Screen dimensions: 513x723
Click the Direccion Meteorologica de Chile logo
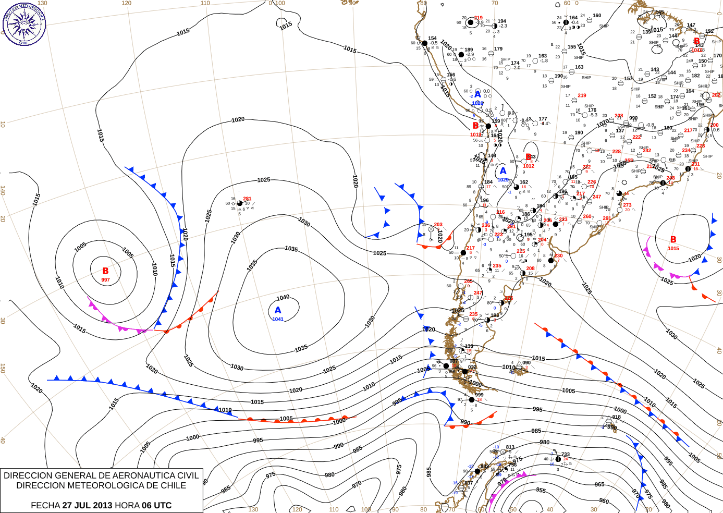click(x=24, y=23)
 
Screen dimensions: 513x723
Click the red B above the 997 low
click(x=105, y=271)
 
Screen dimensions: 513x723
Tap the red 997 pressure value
click(x=105, y=280)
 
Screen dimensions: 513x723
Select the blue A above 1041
click(x=278, y=310)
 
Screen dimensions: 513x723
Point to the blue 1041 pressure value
click(x=278, y=319)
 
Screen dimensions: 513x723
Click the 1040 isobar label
click(x=283, y=298)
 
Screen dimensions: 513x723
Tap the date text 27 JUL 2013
click(x=87, y=505)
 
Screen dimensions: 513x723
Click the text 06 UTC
click(x=155, y=505)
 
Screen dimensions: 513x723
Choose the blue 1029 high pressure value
click(x=503, y=179)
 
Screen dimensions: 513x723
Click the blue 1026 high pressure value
click(x=477, y=103)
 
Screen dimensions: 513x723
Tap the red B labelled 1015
click(x=673, y=240)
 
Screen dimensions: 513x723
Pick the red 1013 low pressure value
click(x=476, y=135)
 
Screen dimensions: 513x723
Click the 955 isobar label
click(x=541, y=490)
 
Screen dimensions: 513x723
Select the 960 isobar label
click(x=604, y=501)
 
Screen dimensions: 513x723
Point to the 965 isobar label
click(x=599, y=484)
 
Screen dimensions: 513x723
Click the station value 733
click(x=565, y=455)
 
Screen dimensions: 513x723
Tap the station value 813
click(x=510, y=447)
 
